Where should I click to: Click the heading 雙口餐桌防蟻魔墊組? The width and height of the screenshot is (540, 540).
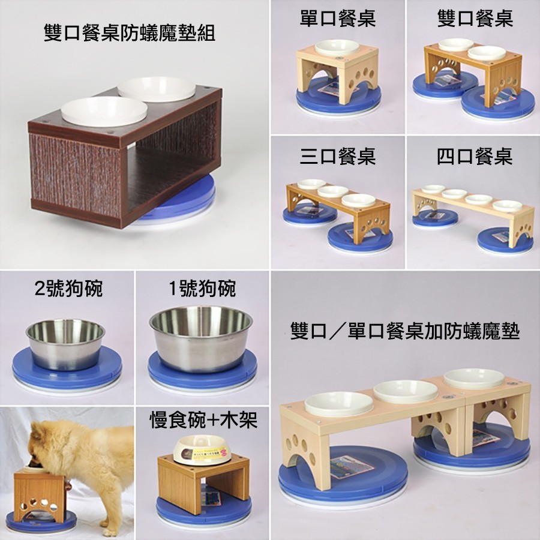(130, 34)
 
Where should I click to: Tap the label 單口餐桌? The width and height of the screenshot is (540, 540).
(337, 18)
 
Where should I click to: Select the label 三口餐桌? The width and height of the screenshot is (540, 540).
(337, 156)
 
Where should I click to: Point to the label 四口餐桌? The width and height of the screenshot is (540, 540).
(475, 157)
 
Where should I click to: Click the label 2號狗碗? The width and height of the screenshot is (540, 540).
(68, 289)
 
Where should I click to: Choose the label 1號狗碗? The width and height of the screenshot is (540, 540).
(203, 289)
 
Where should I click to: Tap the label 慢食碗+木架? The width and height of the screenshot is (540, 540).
(203, 420)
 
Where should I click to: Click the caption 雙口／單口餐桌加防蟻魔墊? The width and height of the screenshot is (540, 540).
(405, 331)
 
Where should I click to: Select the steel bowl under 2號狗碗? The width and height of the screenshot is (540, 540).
(65, 344)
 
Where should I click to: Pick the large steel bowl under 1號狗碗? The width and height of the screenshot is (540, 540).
(201, 339)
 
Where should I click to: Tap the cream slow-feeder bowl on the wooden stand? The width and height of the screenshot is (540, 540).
(202, 449)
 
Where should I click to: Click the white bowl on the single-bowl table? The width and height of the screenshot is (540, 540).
(337, 48)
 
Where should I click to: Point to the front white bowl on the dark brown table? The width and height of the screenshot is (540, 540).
(104, 110)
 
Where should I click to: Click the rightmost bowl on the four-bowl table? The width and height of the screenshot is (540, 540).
(507, 206)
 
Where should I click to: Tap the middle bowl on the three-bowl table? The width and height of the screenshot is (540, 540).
(333, 191)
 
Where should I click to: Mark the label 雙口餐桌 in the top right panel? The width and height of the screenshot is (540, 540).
(475, 18)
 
